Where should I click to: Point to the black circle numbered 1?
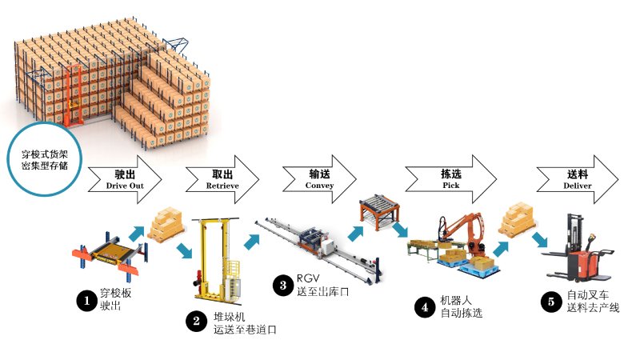click(x=85, y=301)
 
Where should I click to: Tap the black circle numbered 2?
click(x=195, y=322)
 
